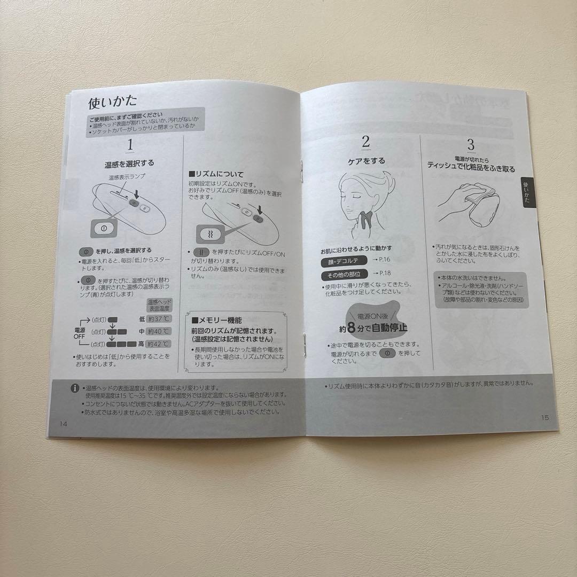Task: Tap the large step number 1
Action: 130,145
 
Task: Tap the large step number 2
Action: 365,142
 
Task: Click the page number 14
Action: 64,423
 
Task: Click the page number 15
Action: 544,418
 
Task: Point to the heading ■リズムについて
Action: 216,174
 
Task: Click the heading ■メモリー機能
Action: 216,320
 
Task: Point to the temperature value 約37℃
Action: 159,319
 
